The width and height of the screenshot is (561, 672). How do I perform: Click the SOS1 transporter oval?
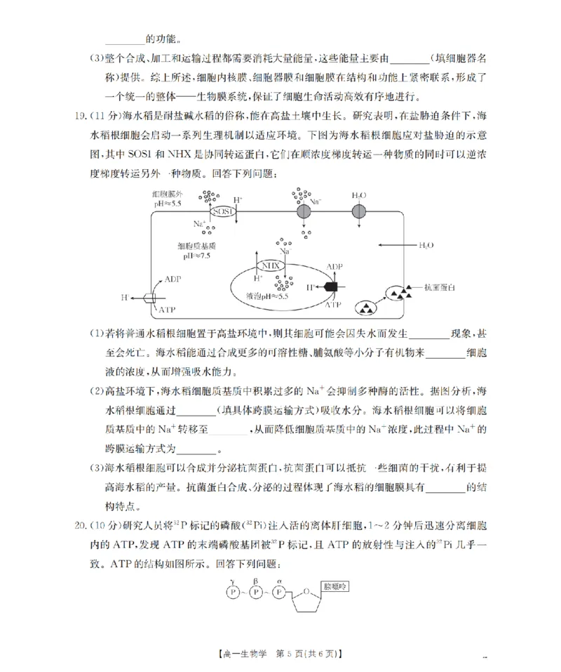point(222,211)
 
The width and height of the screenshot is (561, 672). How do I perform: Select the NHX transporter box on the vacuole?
point(270,266)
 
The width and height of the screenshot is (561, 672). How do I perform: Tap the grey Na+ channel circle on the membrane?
point(304,211)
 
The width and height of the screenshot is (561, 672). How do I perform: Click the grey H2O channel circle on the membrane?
point(358,211)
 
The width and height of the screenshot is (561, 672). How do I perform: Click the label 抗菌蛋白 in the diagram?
point(440,287)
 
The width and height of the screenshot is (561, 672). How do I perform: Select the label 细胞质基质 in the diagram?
point(197,246)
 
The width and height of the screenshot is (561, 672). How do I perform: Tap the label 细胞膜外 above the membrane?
point(167,193)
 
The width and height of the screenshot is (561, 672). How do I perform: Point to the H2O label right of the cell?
point(426,245)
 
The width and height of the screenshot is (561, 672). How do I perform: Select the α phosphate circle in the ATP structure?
point(279,592)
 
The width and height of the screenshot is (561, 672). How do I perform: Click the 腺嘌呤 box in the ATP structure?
point(334,585)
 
